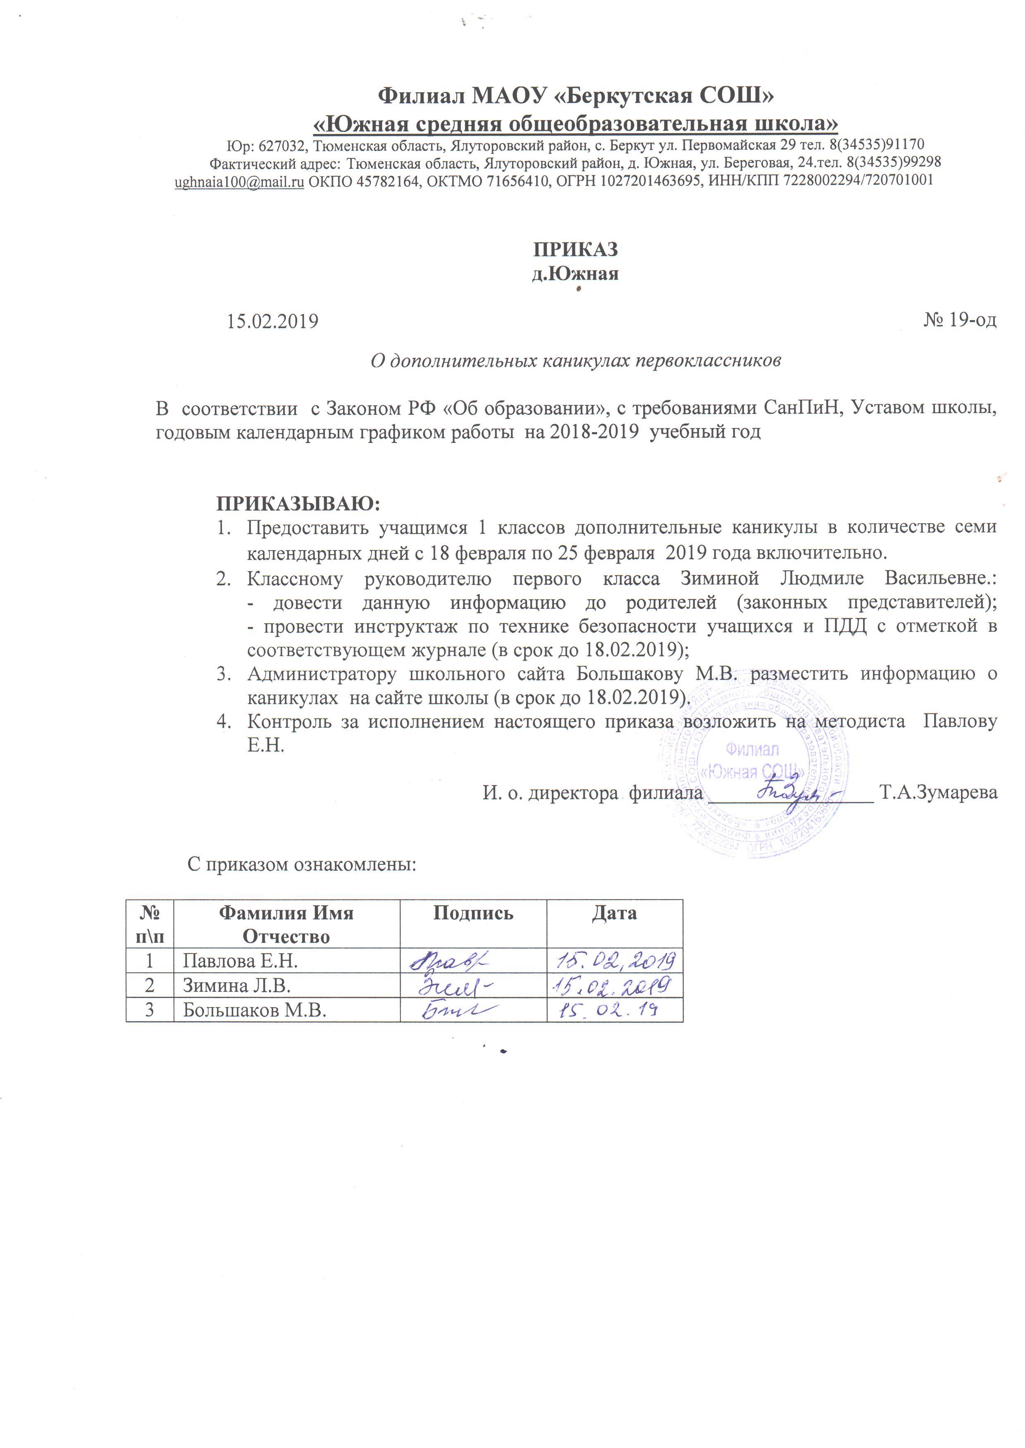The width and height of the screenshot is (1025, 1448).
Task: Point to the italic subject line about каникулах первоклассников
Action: click(x=575, y=361)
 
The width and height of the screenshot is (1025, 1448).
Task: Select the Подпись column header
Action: click(x=473, y=913)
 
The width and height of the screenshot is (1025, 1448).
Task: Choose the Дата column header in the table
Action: click(x=614, y=913)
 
